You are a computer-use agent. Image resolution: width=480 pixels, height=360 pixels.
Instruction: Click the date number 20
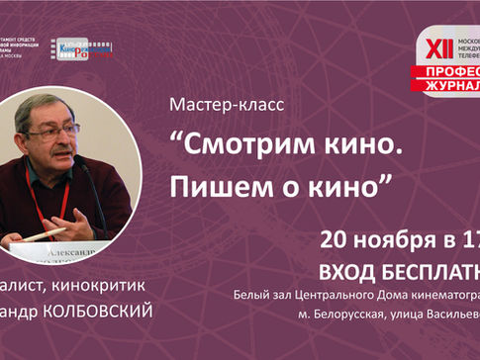(337, 240)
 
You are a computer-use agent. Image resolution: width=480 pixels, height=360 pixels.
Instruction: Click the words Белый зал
(259, 294)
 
